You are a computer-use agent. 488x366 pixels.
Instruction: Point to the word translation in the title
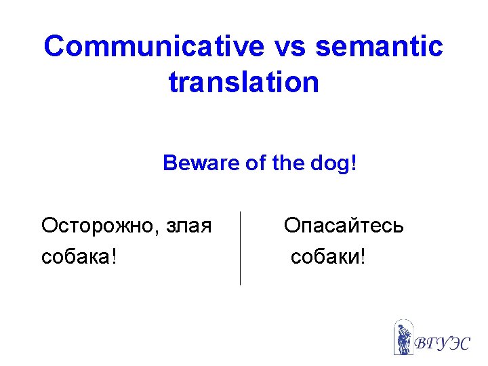tap(243, 82)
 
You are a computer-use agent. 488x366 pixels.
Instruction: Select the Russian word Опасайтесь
tap(344, 225)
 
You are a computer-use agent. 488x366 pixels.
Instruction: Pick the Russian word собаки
tap(325, 258)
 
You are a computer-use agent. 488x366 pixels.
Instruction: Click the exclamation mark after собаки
tap(362, 257)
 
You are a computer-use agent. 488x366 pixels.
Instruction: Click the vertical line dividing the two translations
tap(241, 248)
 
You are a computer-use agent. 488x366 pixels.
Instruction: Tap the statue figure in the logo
tap(404, 338)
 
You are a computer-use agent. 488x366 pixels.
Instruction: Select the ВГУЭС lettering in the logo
tap(441, 342)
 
